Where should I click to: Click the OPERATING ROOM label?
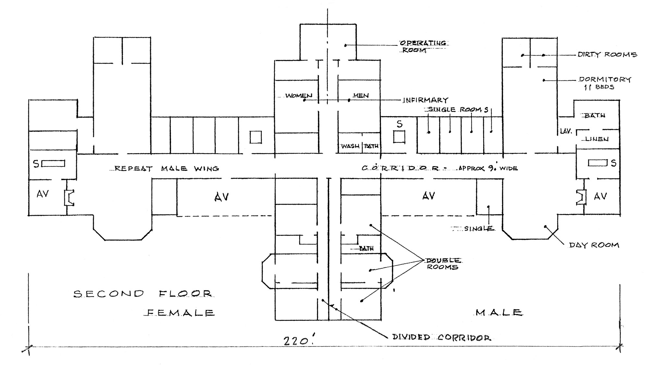[x=423, y=47]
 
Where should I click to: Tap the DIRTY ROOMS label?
[x=607, y=55]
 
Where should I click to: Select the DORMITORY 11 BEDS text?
[x=605, y=83]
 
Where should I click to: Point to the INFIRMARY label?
[x=425, y=100]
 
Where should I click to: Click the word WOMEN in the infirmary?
[x=299, y=96]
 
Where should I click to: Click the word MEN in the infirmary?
[x=361, y=96]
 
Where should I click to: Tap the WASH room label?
[x=350, y=146]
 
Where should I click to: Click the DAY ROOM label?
[x=594, y=245]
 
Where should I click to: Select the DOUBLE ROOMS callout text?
[x=443, y=264]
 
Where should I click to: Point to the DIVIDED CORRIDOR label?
[x=442, y=338]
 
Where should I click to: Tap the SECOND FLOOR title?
[x=143, y=294]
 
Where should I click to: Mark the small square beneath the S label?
[x=399, y=137]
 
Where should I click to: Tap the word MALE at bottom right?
[x=499, y=312]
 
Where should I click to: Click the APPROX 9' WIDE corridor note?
[x=488, y=168]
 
